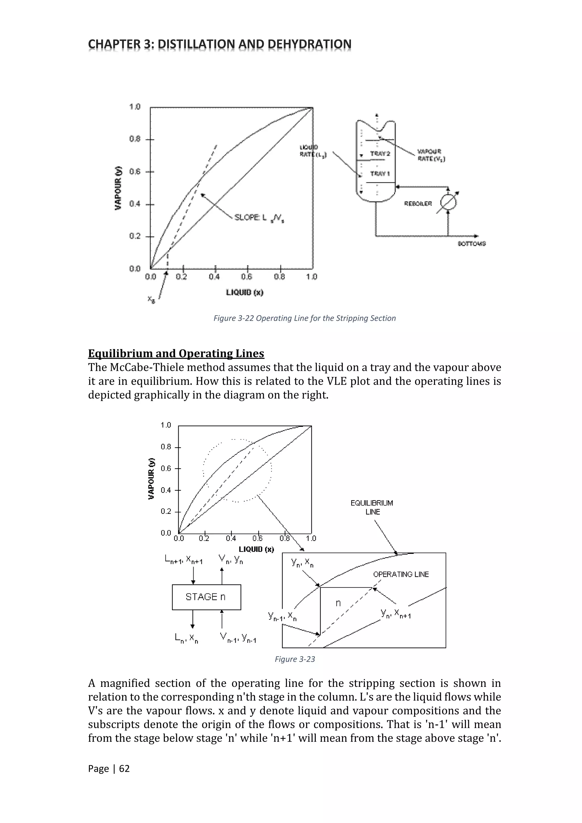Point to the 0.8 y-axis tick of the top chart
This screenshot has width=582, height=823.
point(135,139)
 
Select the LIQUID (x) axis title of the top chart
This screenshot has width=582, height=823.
point(245,292)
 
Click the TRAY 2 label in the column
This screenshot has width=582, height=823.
point(380,153)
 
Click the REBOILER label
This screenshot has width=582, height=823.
point(418,203)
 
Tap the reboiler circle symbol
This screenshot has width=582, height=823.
point(448,203)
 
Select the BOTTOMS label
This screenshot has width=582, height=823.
point(472,244)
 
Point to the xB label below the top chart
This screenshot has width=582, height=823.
point(151,299)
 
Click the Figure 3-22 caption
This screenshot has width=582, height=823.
point(304,318)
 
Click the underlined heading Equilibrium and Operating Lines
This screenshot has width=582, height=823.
point(176,354)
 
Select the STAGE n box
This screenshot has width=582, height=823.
point(206,597)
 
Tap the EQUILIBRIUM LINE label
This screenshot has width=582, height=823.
point(372,507)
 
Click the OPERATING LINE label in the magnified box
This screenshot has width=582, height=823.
point(401,574)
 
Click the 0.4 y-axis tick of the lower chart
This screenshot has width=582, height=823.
point(166,490)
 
